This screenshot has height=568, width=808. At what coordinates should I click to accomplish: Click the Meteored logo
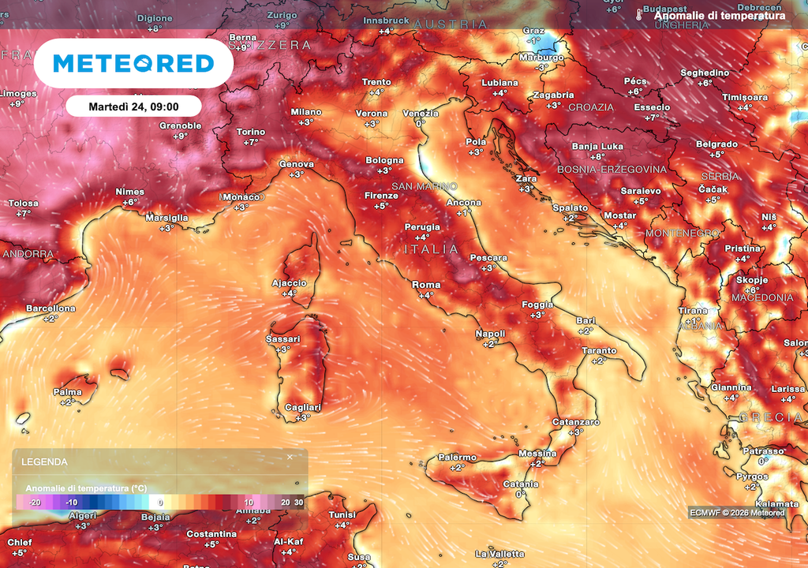tap(134, 63)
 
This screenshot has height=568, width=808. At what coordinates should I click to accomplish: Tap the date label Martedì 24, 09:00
tap(133, 106)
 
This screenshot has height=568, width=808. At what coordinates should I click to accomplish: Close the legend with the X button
tap(290, 457)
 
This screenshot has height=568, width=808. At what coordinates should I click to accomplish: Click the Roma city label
tap(426, 285)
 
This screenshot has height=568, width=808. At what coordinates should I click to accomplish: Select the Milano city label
tap(306, 112)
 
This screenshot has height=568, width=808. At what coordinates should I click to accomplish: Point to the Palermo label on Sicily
tap(458, 458)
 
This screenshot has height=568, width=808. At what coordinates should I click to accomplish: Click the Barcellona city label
tap(50, 308)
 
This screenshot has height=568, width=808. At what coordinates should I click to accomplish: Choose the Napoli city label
tap(490, 334)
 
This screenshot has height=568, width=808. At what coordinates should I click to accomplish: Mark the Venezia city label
tap(421, 114)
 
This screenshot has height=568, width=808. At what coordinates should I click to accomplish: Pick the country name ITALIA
tap(431, 249)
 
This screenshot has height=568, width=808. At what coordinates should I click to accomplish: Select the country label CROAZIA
tap(591, 107)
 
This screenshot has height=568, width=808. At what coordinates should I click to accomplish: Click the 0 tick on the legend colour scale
tap(160, 502)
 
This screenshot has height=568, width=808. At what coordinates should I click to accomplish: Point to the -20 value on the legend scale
tap(35, 502)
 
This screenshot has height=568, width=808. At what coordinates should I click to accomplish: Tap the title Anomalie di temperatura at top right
tap(720, 16)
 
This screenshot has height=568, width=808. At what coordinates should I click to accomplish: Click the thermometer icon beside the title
tap(639, 15)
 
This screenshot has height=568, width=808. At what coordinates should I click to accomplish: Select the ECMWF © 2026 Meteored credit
tap(737, 513)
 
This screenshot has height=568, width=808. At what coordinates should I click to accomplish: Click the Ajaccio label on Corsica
tap(289, 283)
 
